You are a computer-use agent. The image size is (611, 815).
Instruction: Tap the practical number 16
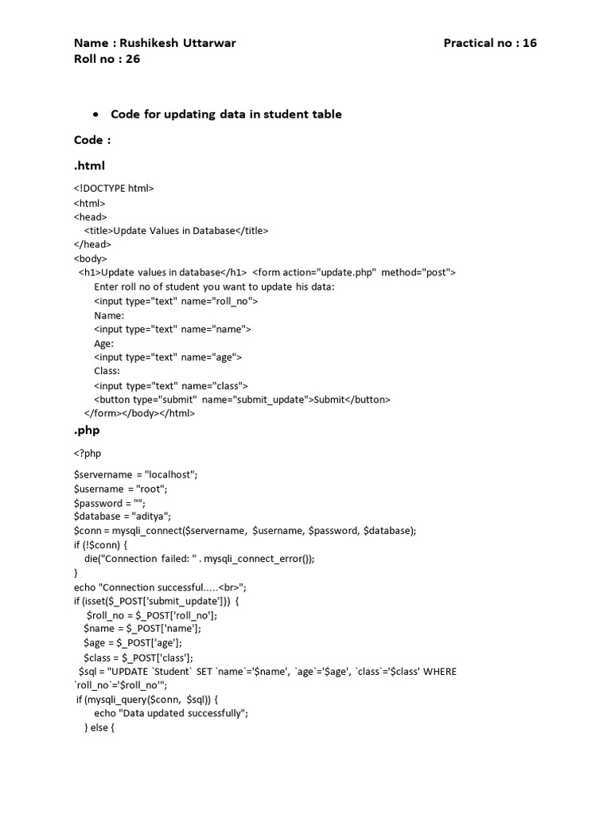pos(529,43)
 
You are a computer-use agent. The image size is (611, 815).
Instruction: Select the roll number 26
pos(132,58)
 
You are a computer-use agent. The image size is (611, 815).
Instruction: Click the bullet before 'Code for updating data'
pos(95,114)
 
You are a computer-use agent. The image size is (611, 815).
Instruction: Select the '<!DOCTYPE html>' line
pos(114,189)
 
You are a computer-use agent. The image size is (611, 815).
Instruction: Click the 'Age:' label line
pos(104,344)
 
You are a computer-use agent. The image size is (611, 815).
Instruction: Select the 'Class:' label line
pos(107,371)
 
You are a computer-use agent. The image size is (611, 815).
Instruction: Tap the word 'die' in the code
pos(91,559)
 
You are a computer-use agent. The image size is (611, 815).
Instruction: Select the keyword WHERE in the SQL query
pos(440,672)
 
